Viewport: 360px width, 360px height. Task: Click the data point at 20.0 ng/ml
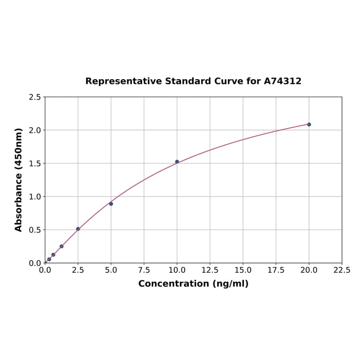pos(309,124)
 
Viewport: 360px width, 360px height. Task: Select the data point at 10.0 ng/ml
pos(177,162)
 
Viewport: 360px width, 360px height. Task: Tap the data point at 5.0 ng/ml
pos(111,204)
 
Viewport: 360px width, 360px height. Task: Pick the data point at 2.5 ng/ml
pos(78,229)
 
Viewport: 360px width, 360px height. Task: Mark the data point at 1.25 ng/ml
pos(62,246)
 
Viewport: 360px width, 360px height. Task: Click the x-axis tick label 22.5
pos(342,270)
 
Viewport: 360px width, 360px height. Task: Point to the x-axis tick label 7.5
pos(144,270)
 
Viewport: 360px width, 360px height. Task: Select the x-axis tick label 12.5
pos(210,270)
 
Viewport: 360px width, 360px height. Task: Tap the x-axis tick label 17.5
pos(276,270)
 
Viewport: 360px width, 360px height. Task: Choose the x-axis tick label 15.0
pos(243,270)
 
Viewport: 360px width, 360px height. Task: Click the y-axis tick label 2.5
pos(35,97)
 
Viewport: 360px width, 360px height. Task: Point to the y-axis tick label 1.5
pos(35,164)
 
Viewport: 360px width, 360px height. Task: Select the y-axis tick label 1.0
pos(35,196)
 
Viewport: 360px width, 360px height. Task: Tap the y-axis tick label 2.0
pos(35,130)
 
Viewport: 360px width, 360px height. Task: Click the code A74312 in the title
pos(282,81)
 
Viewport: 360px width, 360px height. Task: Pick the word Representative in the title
pos(123,81)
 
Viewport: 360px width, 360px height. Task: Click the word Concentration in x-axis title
pos(174,284)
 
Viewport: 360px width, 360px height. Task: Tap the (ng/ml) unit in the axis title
pos(230,284)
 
